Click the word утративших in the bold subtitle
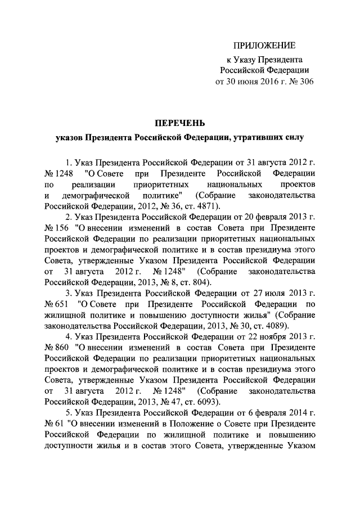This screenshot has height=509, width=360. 256,136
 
